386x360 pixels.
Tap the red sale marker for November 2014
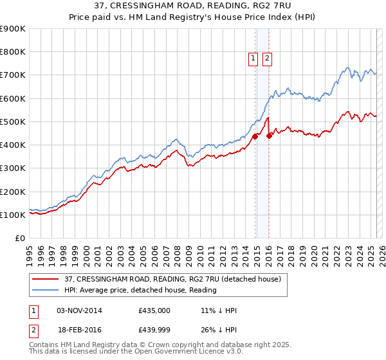tap(255, 136)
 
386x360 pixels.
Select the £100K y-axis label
tap(13, 215)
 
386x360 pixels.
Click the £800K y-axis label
tap(13, 52)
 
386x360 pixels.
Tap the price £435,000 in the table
tap(154, 310)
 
